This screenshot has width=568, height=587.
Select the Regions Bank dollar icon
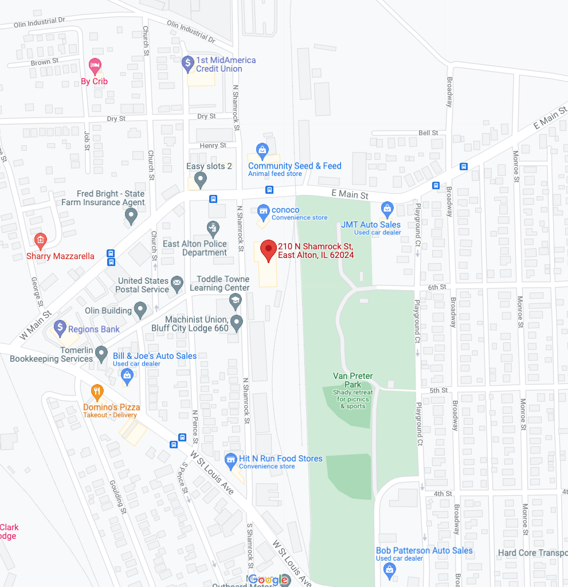pyautogui.click(x=60, y=328)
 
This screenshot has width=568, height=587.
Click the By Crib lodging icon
pyautogui.click(x=95, y=65)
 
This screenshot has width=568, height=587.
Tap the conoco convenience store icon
pyautogui.click(x=263, y=212)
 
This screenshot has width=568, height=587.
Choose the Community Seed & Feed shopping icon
pyautogui.click(x=263, y=151)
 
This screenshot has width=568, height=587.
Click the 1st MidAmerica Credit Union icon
pyautogui.click(x=188, y=63)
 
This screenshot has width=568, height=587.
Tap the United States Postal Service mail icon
pyautogui.click(x=177, y=283)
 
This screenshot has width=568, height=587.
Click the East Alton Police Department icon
pyautogui.click(x=213, y=228)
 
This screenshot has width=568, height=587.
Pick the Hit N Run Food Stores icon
pyautogui.click(x=230, y=460)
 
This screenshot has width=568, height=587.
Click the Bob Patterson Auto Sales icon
pyautogui.click(x=390, y=569)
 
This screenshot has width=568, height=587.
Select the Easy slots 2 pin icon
pyautogui.click(x=200, y=180)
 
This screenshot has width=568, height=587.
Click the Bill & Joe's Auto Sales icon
pyautogui.click(x=127, y=376)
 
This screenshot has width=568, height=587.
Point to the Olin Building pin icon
pyautogui.click(x=141, y=311)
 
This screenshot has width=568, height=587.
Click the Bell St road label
pyautogui.click(x=428, y=133)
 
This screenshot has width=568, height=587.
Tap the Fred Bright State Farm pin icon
pyautogui.click(x=131, y=217)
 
